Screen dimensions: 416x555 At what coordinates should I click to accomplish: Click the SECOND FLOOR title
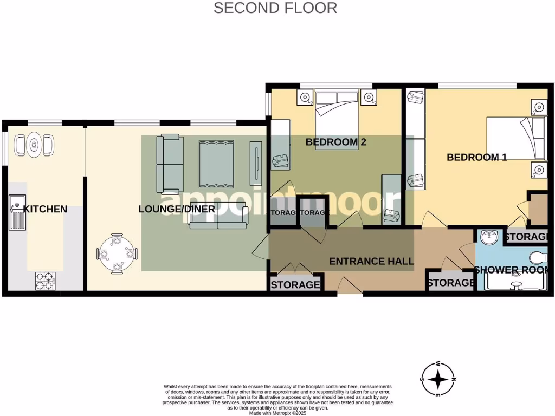(275, 8)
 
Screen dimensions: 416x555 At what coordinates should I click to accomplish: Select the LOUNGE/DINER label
(177, 209)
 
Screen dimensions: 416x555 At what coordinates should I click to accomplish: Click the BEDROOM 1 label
(476, 158)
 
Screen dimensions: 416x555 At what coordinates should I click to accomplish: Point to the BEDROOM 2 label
(336, 142)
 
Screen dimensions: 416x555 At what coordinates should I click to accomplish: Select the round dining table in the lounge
(117, 253)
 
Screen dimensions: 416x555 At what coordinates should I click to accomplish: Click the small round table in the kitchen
(34, 144)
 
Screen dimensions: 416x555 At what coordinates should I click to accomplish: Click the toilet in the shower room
(539, 257)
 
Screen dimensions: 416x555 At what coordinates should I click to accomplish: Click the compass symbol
(438, 379)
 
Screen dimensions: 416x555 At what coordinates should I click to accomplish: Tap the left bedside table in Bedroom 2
(304, 98)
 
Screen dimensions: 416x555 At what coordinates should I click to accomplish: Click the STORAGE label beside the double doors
(295, 285)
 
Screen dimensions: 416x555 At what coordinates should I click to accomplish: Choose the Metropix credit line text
(278, 413)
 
